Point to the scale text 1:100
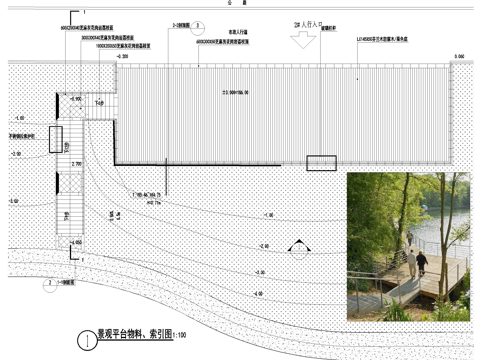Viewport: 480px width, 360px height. [182, 333]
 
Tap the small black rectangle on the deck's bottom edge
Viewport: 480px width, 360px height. [321, 164]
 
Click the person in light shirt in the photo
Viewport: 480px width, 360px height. [411, 262]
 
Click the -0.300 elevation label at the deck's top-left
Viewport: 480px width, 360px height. [121, 58]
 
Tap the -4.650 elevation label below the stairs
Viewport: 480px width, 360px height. [76, 244]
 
